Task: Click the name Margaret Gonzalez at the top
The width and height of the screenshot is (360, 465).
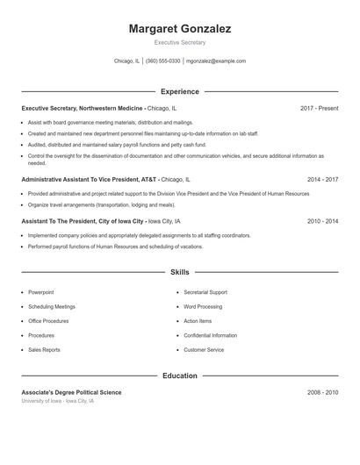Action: [180, 29]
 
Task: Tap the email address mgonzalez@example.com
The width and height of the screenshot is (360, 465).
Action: [216, 61]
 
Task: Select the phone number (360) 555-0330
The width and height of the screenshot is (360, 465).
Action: [163, 61]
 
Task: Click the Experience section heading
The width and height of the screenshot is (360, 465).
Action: [180, 91]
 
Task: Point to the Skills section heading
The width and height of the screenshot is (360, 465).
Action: [180, 273]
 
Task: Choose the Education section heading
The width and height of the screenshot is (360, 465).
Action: [180, 376]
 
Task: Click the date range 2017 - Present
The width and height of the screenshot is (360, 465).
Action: [319, 108]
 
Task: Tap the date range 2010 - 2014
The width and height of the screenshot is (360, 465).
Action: [322, 221]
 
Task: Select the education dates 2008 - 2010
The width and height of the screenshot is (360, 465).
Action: [322, 392]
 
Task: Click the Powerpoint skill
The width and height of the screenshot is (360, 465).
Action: [40, 292]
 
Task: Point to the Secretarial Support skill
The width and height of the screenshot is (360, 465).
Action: [205, 292]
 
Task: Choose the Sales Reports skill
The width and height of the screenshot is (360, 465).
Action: [44, 350]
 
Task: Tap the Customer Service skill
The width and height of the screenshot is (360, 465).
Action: [204, 350]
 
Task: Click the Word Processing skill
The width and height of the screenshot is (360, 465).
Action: [203, 307]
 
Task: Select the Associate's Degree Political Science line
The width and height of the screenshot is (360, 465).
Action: [72, 392]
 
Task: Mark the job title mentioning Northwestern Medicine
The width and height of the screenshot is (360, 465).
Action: [83, 108]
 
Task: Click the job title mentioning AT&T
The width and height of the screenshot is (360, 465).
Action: [89, 179]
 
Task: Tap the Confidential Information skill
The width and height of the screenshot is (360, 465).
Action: [211, 336]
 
